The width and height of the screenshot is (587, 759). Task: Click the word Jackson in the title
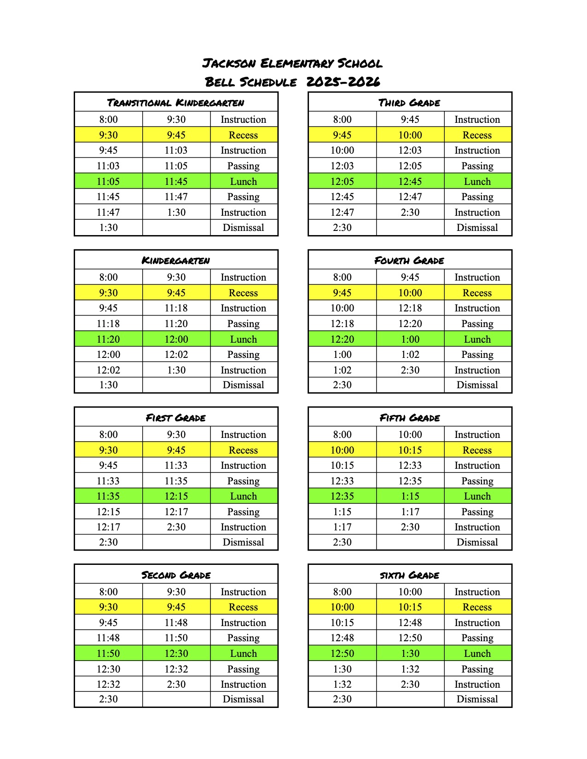[x=229, y=63]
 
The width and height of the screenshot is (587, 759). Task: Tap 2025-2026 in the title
[x=343, y=82]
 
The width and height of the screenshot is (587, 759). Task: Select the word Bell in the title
[x=220, y=82]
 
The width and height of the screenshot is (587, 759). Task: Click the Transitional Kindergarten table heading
[x=176, y=102]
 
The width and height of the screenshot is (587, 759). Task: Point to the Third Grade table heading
[x=409, y=102]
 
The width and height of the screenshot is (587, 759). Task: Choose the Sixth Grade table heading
[x=409, y=575]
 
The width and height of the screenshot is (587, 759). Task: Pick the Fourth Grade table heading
[x=409, y=260]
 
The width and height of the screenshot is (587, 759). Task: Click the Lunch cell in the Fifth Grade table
[x=477, y=496]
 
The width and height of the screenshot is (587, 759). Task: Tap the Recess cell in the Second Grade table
[x=243, y=607]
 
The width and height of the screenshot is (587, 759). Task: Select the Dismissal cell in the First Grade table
[x=243, y=542]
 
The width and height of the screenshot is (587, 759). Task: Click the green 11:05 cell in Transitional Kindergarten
[x=108, y=181]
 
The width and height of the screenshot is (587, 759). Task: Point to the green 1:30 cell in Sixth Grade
[x=410, y=653]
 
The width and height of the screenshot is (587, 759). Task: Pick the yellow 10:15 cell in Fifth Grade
[x=410, y=450]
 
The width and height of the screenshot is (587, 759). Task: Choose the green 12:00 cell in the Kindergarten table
[x=176, y=339]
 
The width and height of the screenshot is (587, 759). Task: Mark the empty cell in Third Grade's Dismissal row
[x=410, y=228]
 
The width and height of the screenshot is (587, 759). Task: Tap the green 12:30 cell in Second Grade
[x=176, y=653]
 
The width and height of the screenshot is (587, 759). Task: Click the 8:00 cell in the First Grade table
[x=108, y=434]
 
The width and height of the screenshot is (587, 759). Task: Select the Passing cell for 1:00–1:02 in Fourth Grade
[x=477, y=354]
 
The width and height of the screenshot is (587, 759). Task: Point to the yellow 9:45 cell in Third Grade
[x=342, y=135]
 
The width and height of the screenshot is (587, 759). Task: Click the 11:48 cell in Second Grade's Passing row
[x=108, y=638]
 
